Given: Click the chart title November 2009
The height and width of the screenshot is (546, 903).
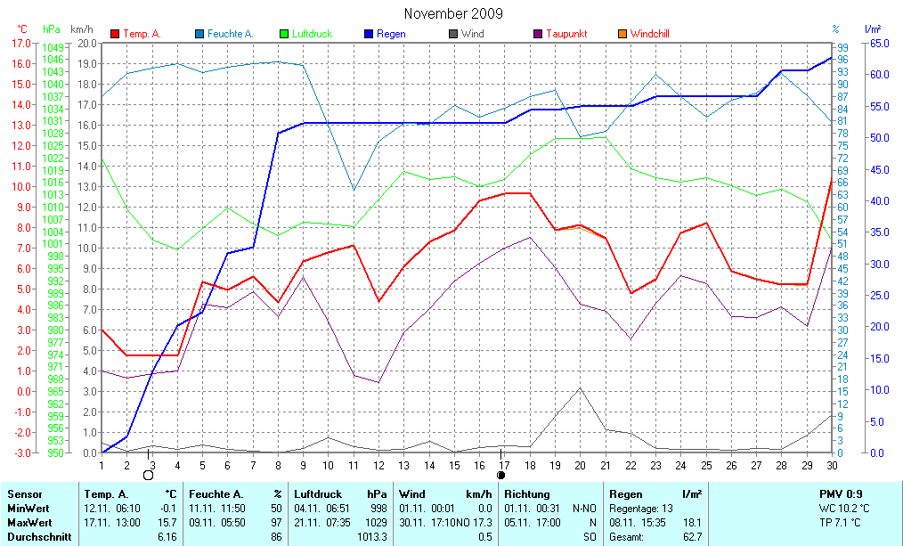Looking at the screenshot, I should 452,13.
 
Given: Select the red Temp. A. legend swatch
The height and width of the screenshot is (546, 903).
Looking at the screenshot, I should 115,34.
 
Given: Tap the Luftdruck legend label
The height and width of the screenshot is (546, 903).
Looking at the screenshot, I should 311,34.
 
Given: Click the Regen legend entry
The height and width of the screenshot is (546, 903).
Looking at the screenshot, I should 391,34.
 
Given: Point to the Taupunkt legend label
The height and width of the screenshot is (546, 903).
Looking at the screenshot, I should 565,34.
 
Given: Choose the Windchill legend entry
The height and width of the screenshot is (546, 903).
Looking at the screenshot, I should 649,34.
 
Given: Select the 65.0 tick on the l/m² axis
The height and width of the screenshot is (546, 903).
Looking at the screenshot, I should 878,43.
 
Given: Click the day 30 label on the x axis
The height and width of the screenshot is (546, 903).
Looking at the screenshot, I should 832,464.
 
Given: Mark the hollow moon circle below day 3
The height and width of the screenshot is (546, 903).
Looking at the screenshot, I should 149,475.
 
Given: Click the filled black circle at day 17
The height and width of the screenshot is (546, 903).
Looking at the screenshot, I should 500,475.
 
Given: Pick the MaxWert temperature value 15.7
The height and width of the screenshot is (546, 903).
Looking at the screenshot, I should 167,522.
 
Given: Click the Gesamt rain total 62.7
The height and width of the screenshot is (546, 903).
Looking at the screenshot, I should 692,537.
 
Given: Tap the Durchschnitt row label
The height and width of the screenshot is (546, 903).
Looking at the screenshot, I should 39,537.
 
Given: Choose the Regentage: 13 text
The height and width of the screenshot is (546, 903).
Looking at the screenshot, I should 641,508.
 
